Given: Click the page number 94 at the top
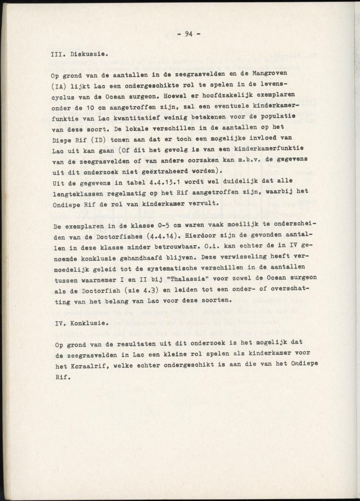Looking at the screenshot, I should (188, 35).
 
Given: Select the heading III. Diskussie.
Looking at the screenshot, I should (79, 55).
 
